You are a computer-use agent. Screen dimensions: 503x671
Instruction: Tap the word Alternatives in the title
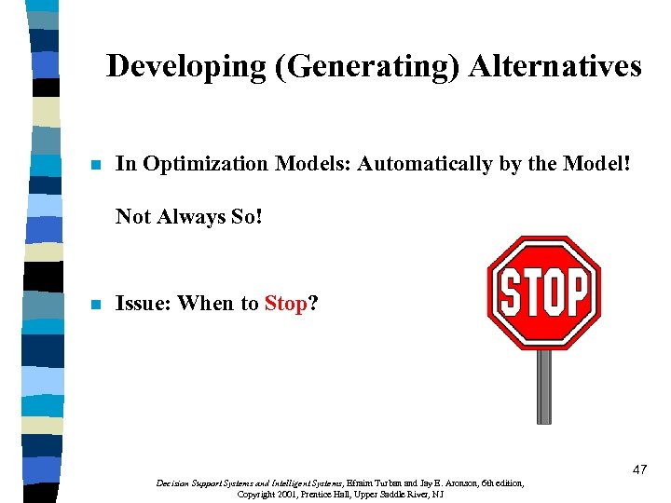point(555,66)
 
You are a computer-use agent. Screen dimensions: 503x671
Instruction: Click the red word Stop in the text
point(285,304)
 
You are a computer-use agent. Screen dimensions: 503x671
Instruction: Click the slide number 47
point(638,470)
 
